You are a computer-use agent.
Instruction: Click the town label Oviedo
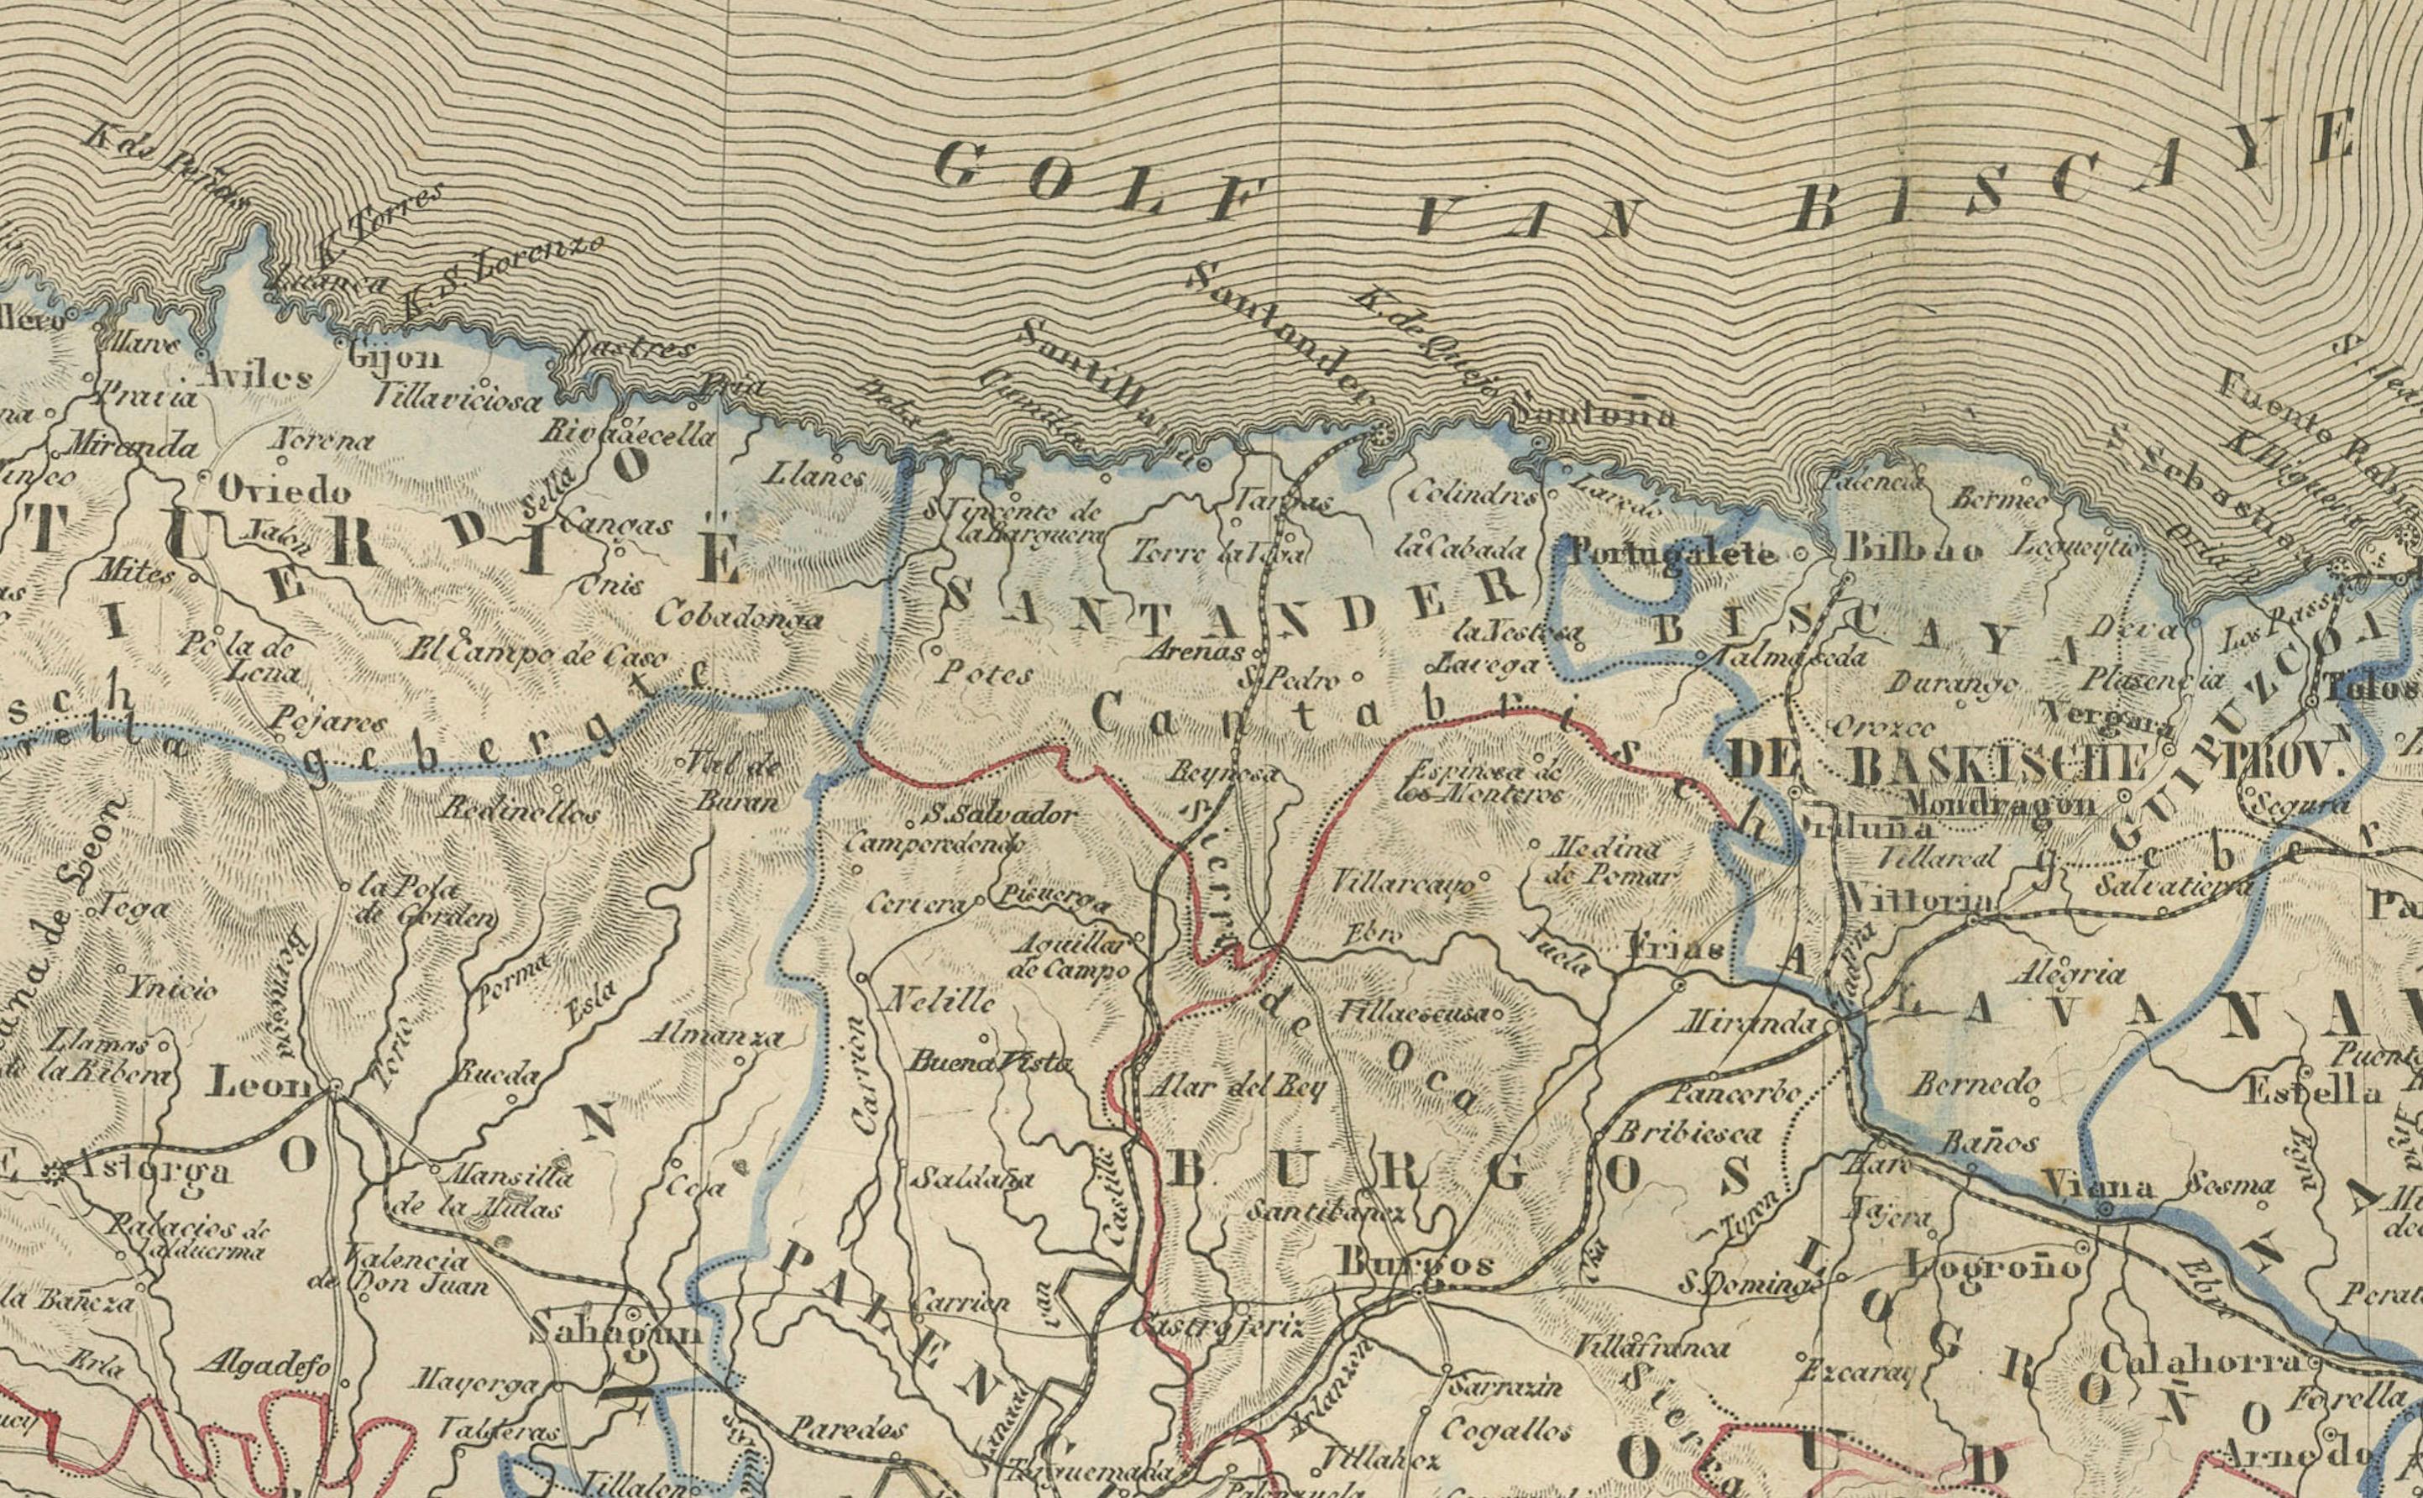click(285, 491)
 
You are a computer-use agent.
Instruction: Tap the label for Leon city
click(258, 1085)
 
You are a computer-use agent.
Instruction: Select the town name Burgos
click(1416, 1263)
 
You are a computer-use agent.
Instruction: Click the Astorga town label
click(154, 1172)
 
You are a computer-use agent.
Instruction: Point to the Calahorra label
click(2202, 1360)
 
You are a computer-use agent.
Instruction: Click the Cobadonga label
click(738, 616)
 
